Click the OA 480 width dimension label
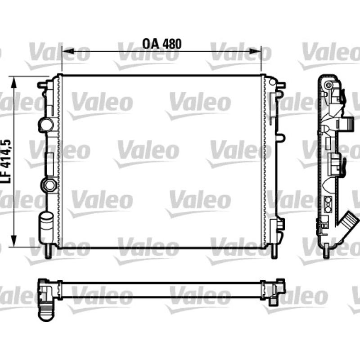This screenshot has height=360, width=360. [162, 44]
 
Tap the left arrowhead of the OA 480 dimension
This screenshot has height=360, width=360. [68, 51]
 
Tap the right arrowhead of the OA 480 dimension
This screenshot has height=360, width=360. [255, 51]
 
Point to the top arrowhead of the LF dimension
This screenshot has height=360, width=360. [14, 82]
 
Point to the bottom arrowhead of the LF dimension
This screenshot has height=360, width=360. [14, 241]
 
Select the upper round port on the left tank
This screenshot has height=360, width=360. [46, 125]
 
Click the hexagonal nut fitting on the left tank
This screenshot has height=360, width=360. [49, 185]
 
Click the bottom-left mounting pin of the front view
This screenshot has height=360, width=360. [48, 252]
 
